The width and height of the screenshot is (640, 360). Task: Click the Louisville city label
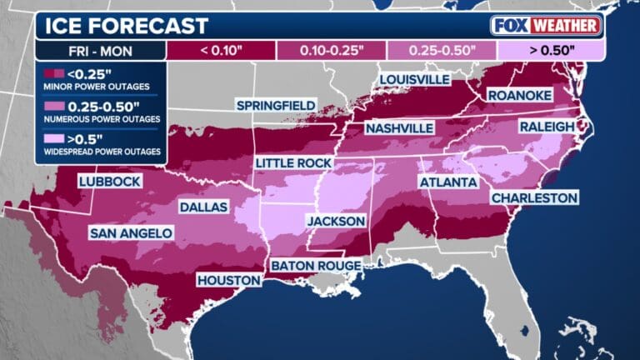[x=414, y=80]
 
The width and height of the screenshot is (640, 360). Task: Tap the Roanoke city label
[x=519, y=96]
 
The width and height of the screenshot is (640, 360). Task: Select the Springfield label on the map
[x=276, y=105]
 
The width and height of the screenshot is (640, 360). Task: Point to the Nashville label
[x=399, y=128]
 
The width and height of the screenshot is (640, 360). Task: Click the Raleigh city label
[x=547, y=126]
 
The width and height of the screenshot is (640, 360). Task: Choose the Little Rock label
[x=294, y=162]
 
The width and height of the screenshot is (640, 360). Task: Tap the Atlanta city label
[x=447, y=182]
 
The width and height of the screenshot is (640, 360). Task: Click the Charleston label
[x=534, y=197]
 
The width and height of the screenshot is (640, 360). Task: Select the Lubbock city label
[x=109, y=181]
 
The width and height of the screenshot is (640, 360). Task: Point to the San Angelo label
[x=131, y=232]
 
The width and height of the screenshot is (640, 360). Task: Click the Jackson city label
[x=336, y=221]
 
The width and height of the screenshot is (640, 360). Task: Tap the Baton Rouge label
[x=315, y=265]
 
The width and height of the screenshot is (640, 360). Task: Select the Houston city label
[x=230, y=281]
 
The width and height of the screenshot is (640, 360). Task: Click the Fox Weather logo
[x=546, y=25]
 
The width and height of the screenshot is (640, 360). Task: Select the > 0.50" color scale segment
[x=550, y=50]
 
